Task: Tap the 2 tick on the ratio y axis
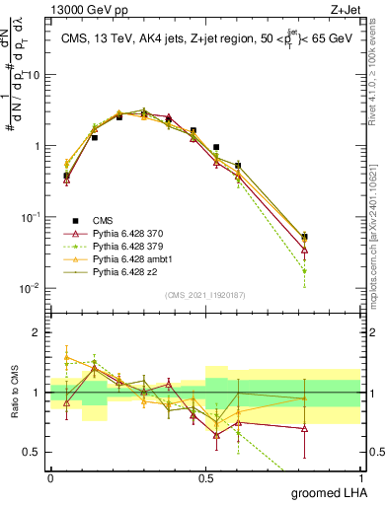coord(39,332)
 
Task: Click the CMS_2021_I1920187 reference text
coord(204,293)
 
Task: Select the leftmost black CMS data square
coord(66,176)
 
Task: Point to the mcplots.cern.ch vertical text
coord(379,247)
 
